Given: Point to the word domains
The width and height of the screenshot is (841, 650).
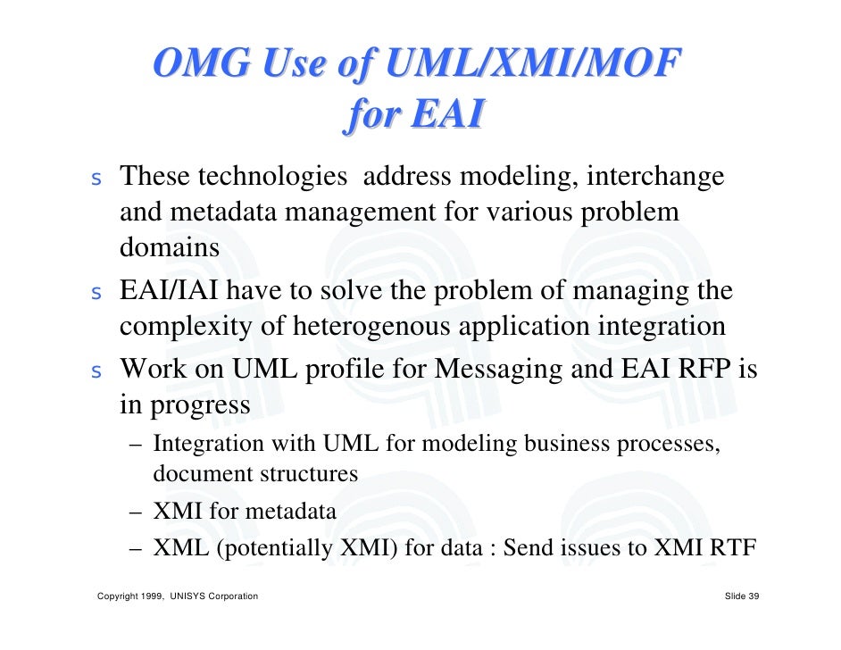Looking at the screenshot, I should (170, 248).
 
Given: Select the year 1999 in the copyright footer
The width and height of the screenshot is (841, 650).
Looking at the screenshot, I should (154, 596).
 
